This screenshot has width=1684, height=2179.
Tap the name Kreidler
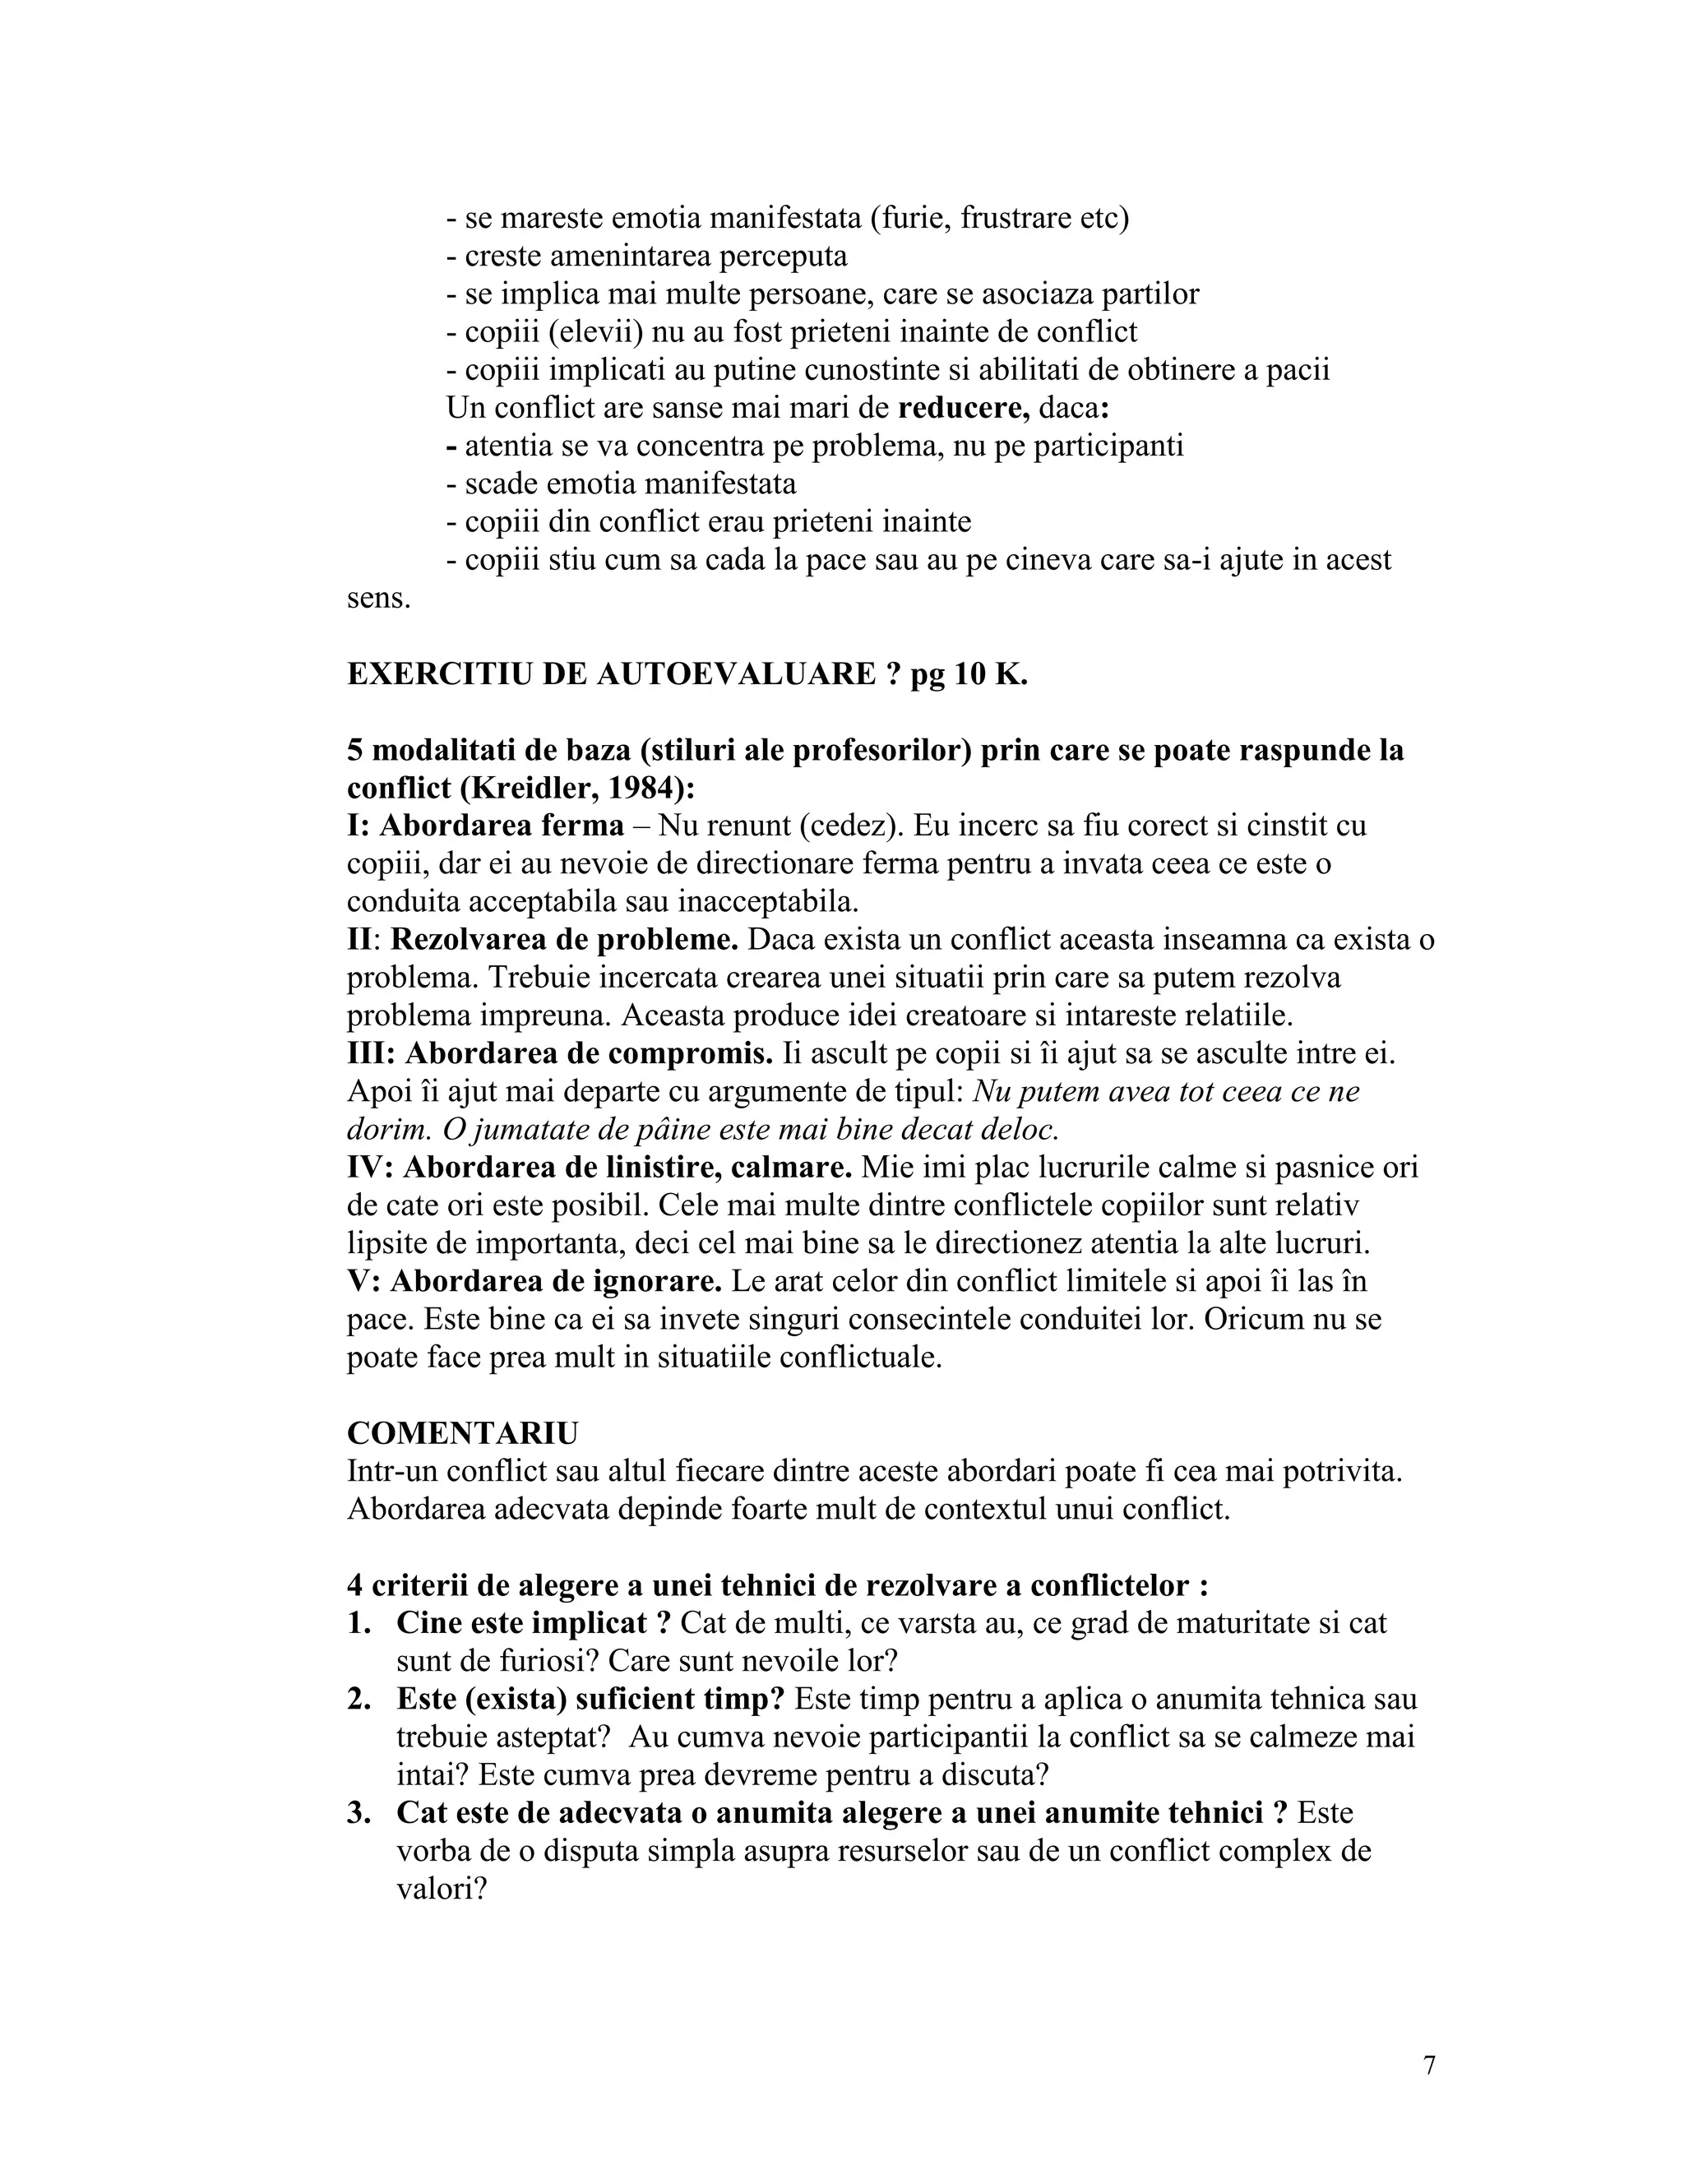pos(528,789)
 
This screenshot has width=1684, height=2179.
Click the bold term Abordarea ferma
pos(502,826)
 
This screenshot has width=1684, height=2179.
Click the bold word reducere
pos(964,408)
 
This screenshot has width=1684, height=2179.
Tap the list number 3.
pos(359,1813)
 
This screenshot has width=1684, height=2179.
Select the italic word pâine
pos(613,1130)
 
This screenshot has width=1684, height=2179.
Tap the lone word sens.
pos(378,599)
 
